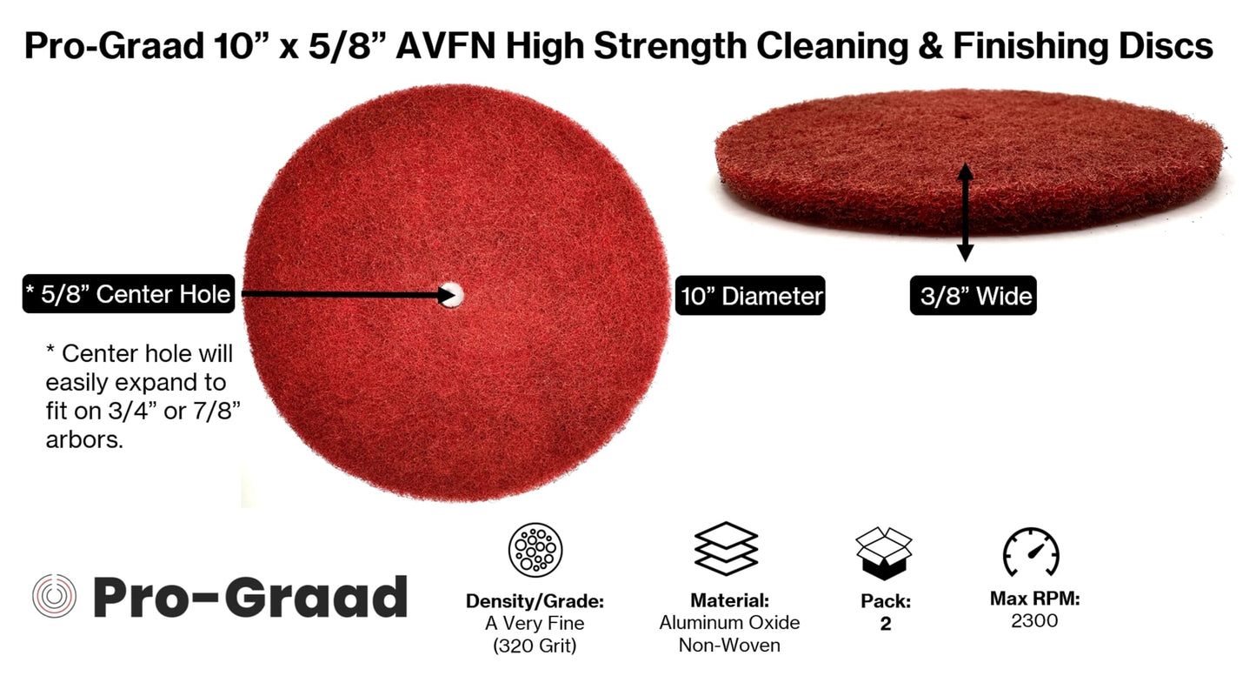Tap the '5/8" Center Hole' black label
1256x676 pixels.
point(128,295)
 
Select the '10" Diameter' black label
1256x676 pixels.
point(749,297)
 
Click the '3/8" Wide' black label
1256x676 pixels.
point(973,297)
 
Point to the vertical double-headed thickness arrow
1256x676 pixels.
point(965,211)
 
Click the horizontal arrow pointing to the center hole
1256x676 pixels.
point(348,295)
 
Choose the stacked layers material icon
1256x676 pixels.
point(727,548)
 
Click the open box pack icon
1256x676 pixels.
point(884,552)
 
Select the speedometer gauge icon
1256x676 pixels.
point(1031,552)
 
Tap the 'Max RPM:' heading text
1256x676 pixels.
point(1034,599)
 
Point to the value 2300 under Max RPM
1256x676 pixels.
point(1033,620)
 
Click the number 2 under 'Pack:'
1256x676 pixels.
point(885,624)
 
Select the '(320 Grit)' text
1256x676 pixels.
point(535,645)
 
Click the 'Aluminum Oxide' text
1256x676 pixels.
point(729,623)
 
